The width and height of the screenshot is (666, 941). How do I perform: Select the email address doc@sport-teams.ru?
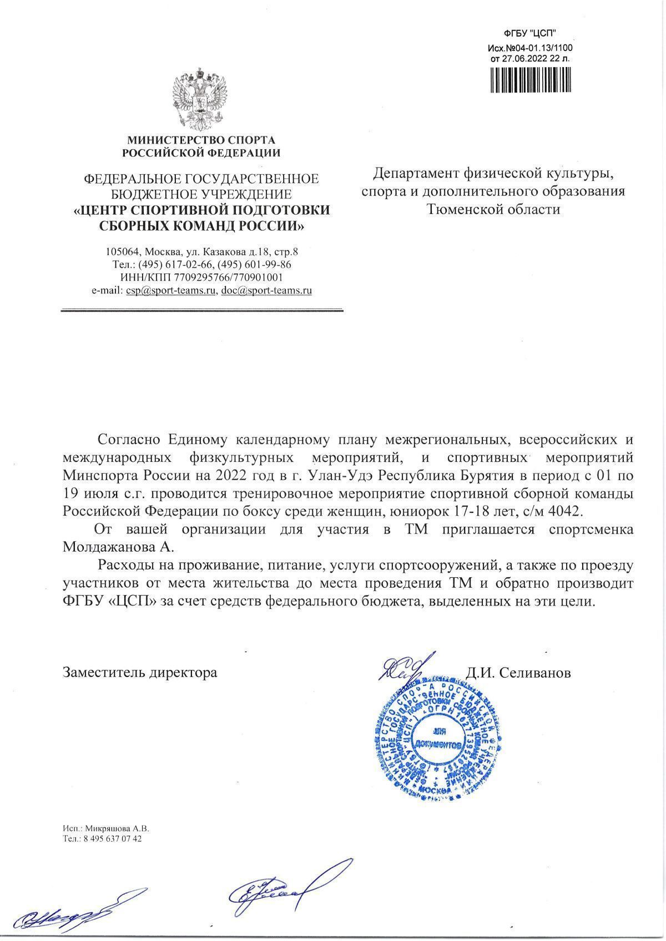coord(266,290)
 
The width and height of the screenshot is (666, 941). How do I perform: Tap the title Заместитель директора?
coord(140,673)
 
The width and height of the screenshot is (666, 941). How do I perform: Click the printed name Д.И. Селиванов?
coord(518,673)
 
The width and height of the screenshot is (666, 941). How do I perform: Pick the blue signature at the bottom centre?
coord(289,887)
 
